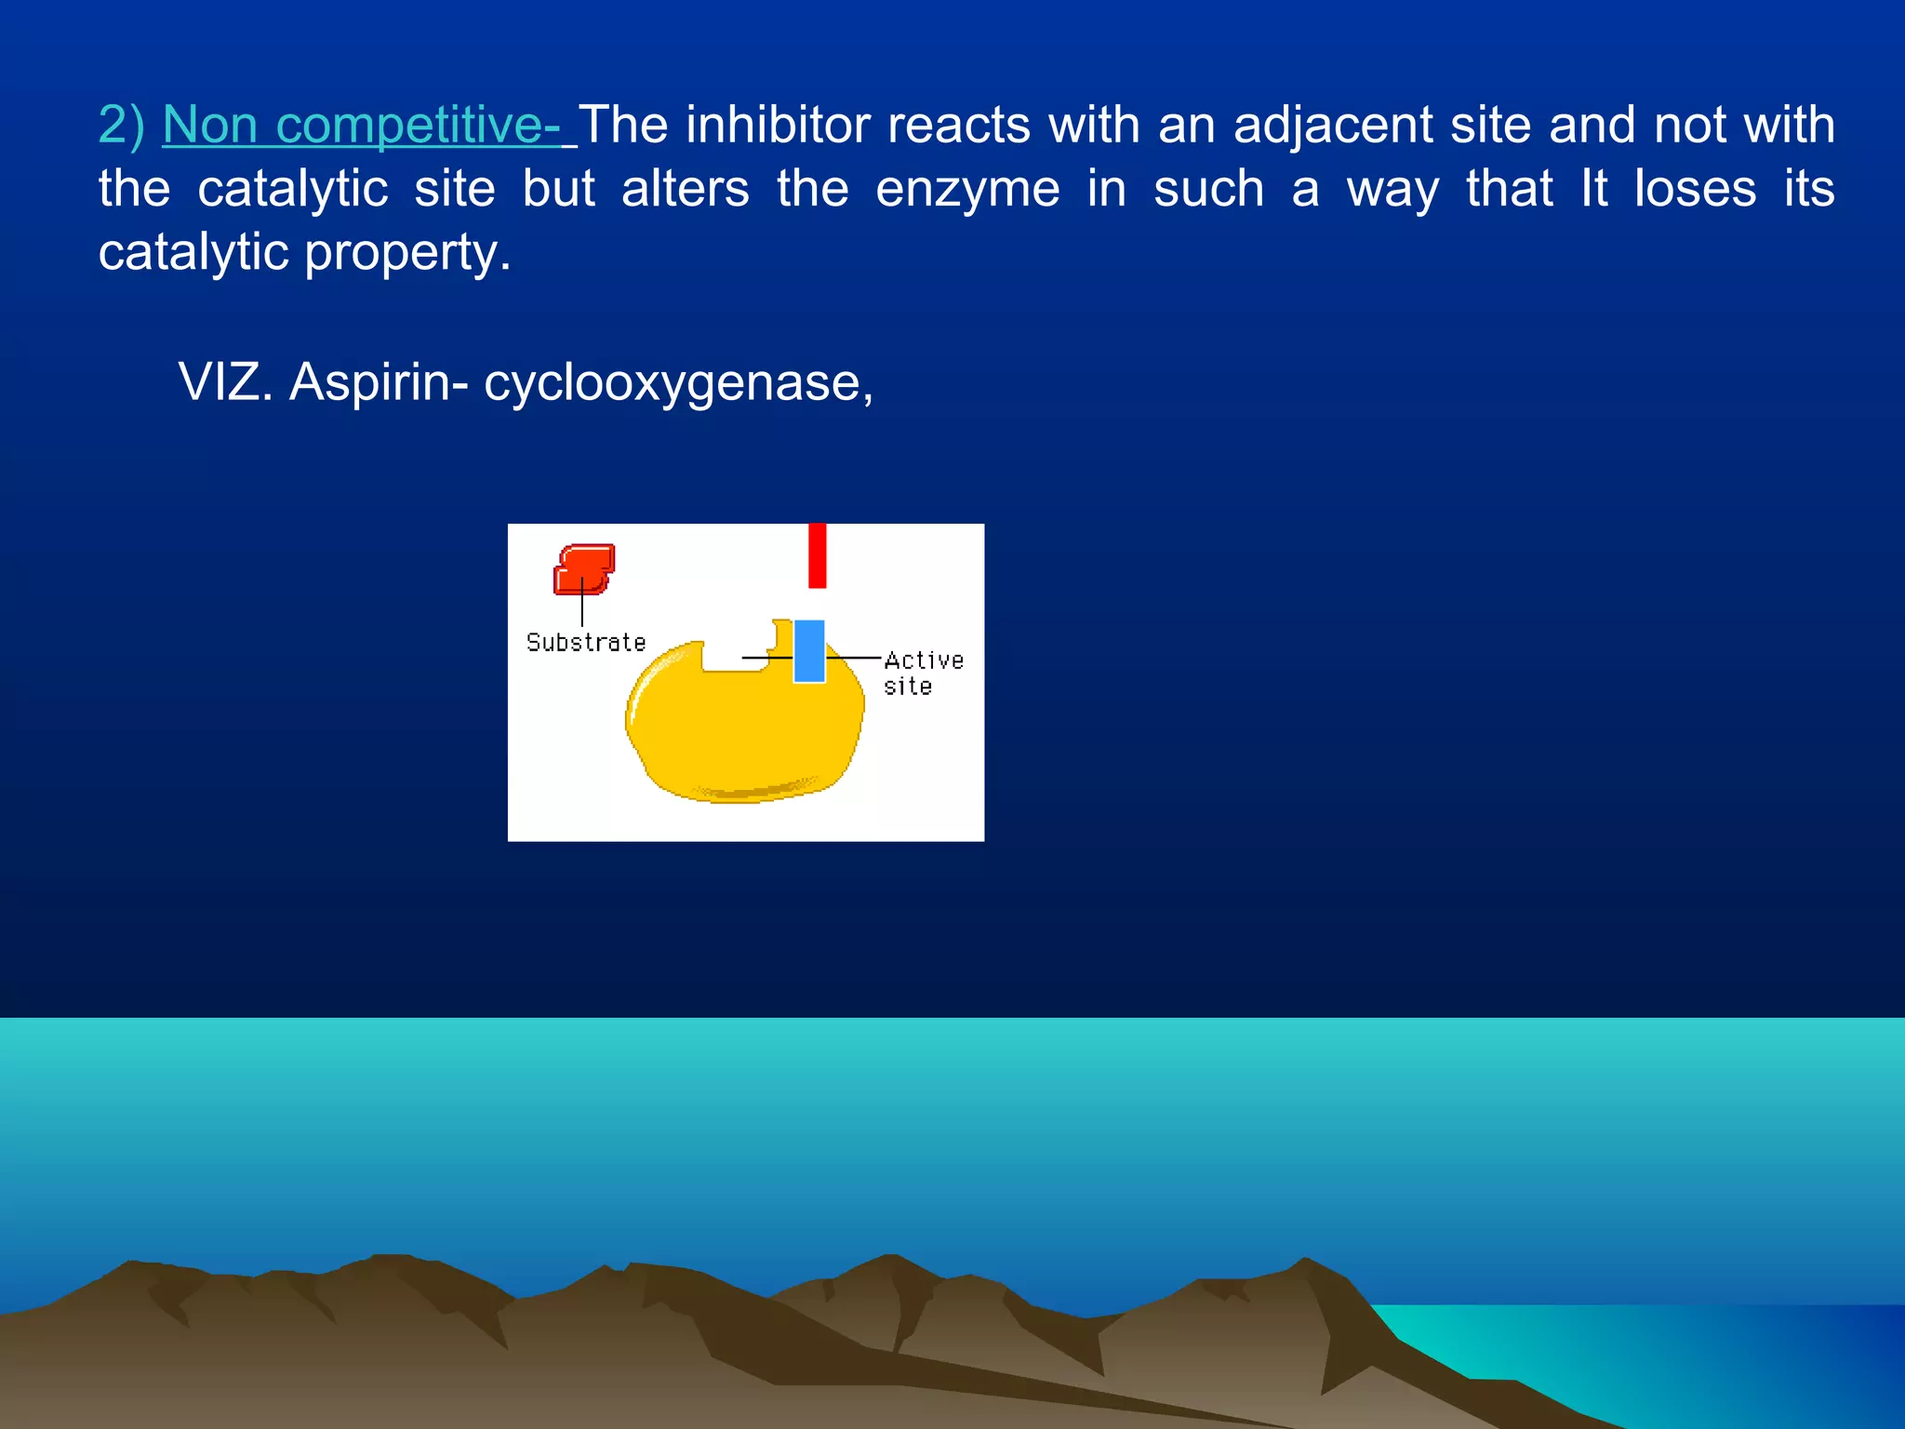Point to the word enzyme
[967, 189]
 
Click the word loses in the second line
[1695, 189]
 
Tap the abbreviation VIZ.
[225, 382]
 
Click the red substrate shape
[584, 568]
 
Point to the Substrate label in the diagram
[585, 642]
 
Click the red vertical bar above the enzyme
[817, 555]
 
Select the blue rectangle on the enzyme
[809, 651]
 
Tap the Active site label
[922, 673]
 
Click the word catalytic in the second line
[292, 189]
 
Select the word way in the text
[1392, 191]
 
